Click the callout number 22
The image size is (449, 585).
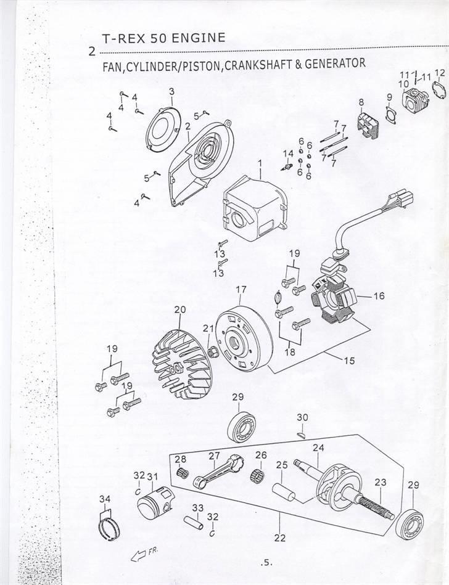pos(280,538)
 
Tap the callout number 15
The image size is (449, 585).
pos(349,361)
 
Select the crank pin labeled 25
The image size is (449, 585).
pos(285,495)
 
